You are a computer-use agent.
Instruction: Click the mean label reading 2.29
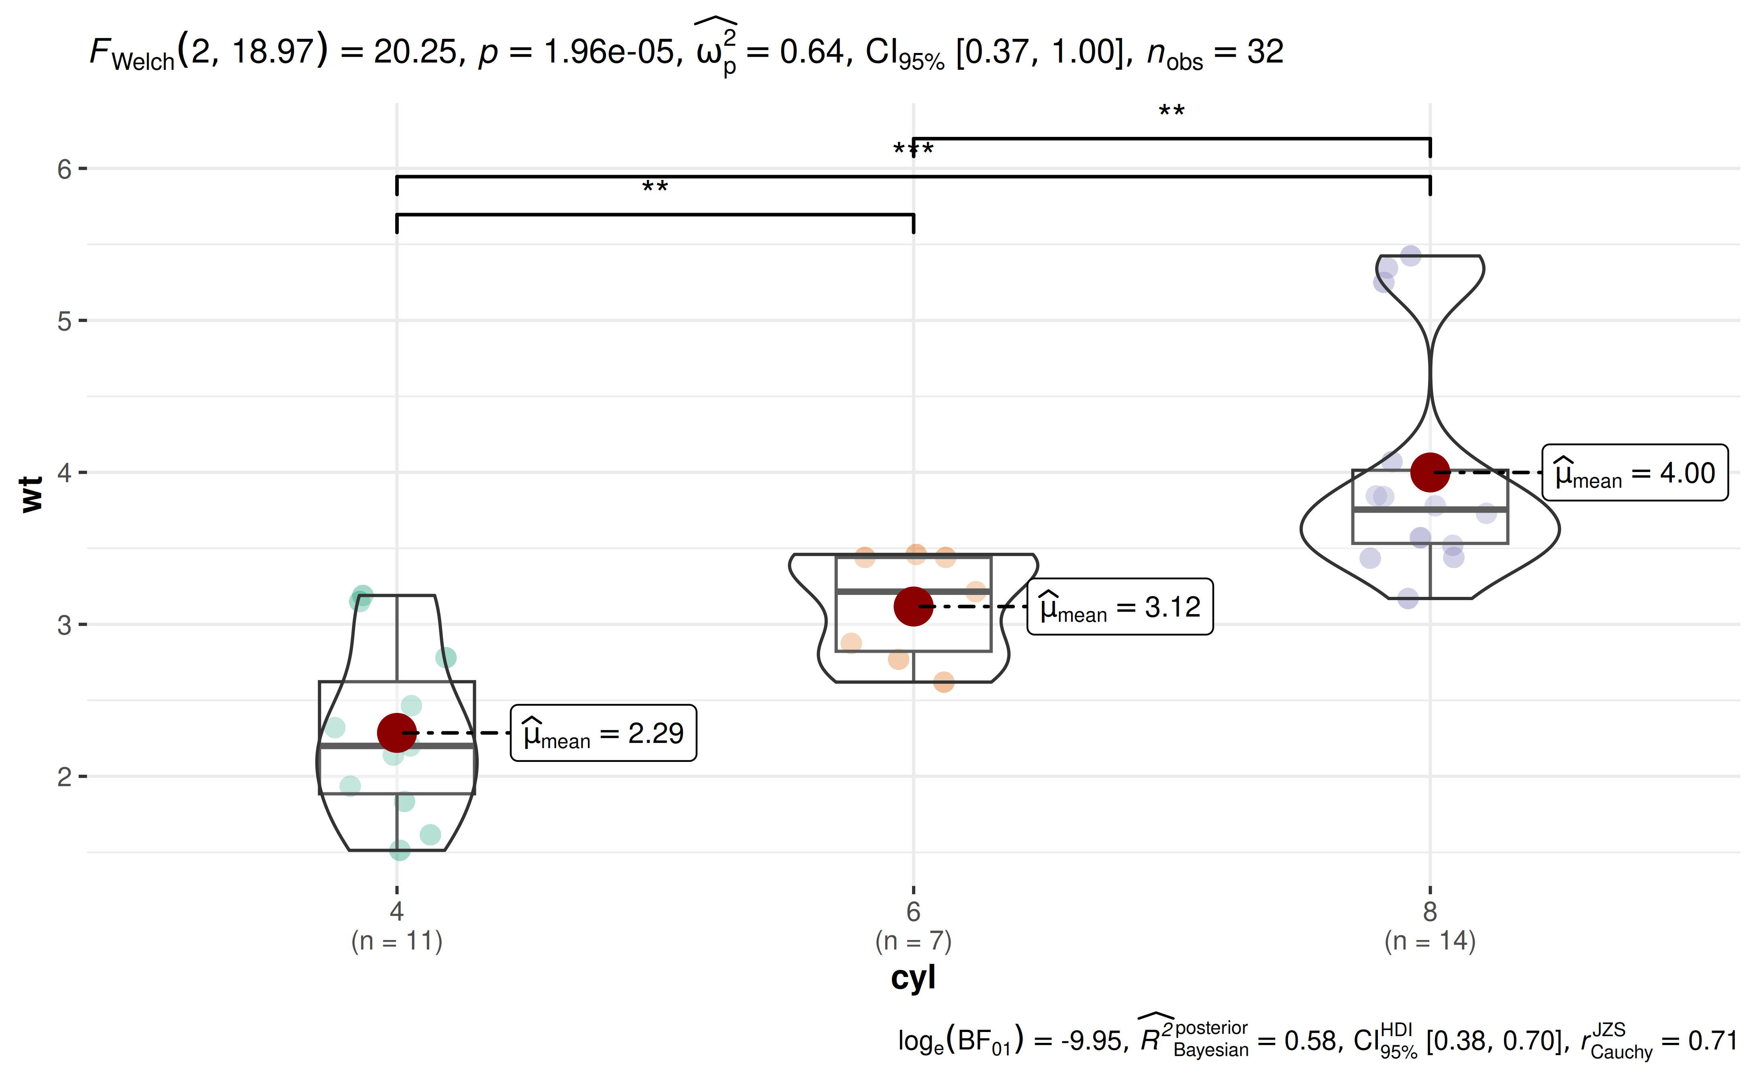click(603, 733)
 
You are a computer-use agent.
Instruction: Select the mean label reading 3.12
click(1120, 607)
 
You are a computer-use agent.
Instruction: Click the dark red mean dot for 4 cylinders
click(397, 733)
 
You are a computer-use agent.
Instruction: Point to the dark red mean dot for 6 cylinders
click(913, 607)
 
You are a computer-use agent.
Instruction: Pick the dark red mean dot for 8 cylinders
click(1430, 472)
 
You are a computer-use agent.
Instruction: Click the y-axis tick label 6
click(65, 169)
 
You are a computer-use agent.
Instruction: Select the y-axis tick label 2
click(65, 776)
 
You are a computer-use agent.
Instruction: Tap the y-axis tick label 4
click(65, 473)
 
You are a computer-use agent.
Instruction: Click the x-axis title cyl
click(913, 977)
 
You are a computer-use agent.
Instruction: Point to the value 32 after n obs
click(1265, 52)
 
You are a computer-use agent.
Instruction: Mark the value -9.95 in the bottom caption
click(1091, 1040)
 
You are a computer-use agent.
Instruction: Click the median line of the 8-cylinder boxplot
click(1430, 509)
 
